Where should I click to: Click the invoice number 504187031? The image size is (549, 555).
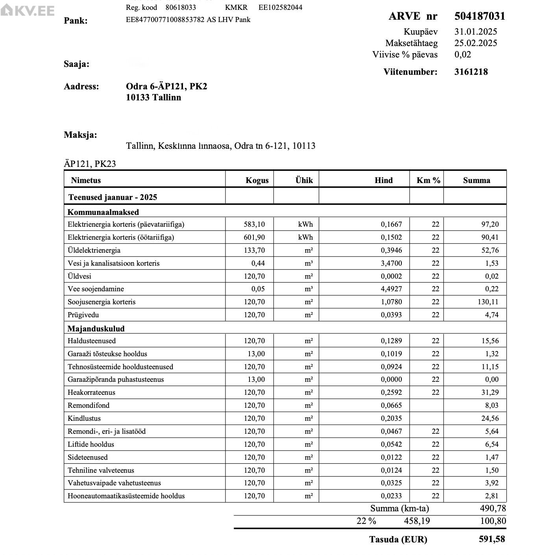pos(479,16)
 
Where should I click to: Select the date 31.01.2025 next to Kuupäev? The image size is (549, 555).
pos(475,32)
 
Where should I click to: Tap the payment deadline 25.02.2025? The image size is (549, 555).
pos(475,43)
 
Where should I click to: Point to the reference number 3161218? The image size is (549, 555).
pos(471,72)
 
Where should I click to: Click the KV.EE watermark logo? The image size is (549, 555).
pos(28,11)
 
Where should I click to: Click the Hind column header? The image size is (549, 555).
pos(383,181)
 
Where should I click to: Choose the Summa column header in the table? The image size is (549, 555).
pos(476,181)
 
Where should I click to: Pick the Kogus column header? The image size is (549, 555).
pos(257,181)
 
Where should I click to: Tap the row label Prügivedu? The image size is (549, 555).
pos(83,315)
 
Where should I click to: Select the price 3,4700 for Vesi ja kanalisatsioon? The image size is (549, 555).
pos(391,263)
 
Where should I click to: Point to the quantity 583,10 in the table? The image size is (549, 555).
pos(254,224)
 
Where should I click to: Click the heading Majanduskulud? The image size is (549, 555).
pos(96,329)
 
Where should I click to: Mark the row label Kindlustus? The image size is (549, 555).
pos(84,418)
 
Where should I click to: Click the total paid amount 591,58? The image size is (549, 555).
pos(492,539)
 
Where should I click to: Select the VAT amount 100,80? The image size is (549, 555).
pos(493,521)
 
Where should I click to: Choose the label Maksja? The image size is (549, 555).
pos(80,135)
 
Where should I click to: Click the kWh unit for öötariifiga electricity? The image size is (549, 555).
pos(305,237)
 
